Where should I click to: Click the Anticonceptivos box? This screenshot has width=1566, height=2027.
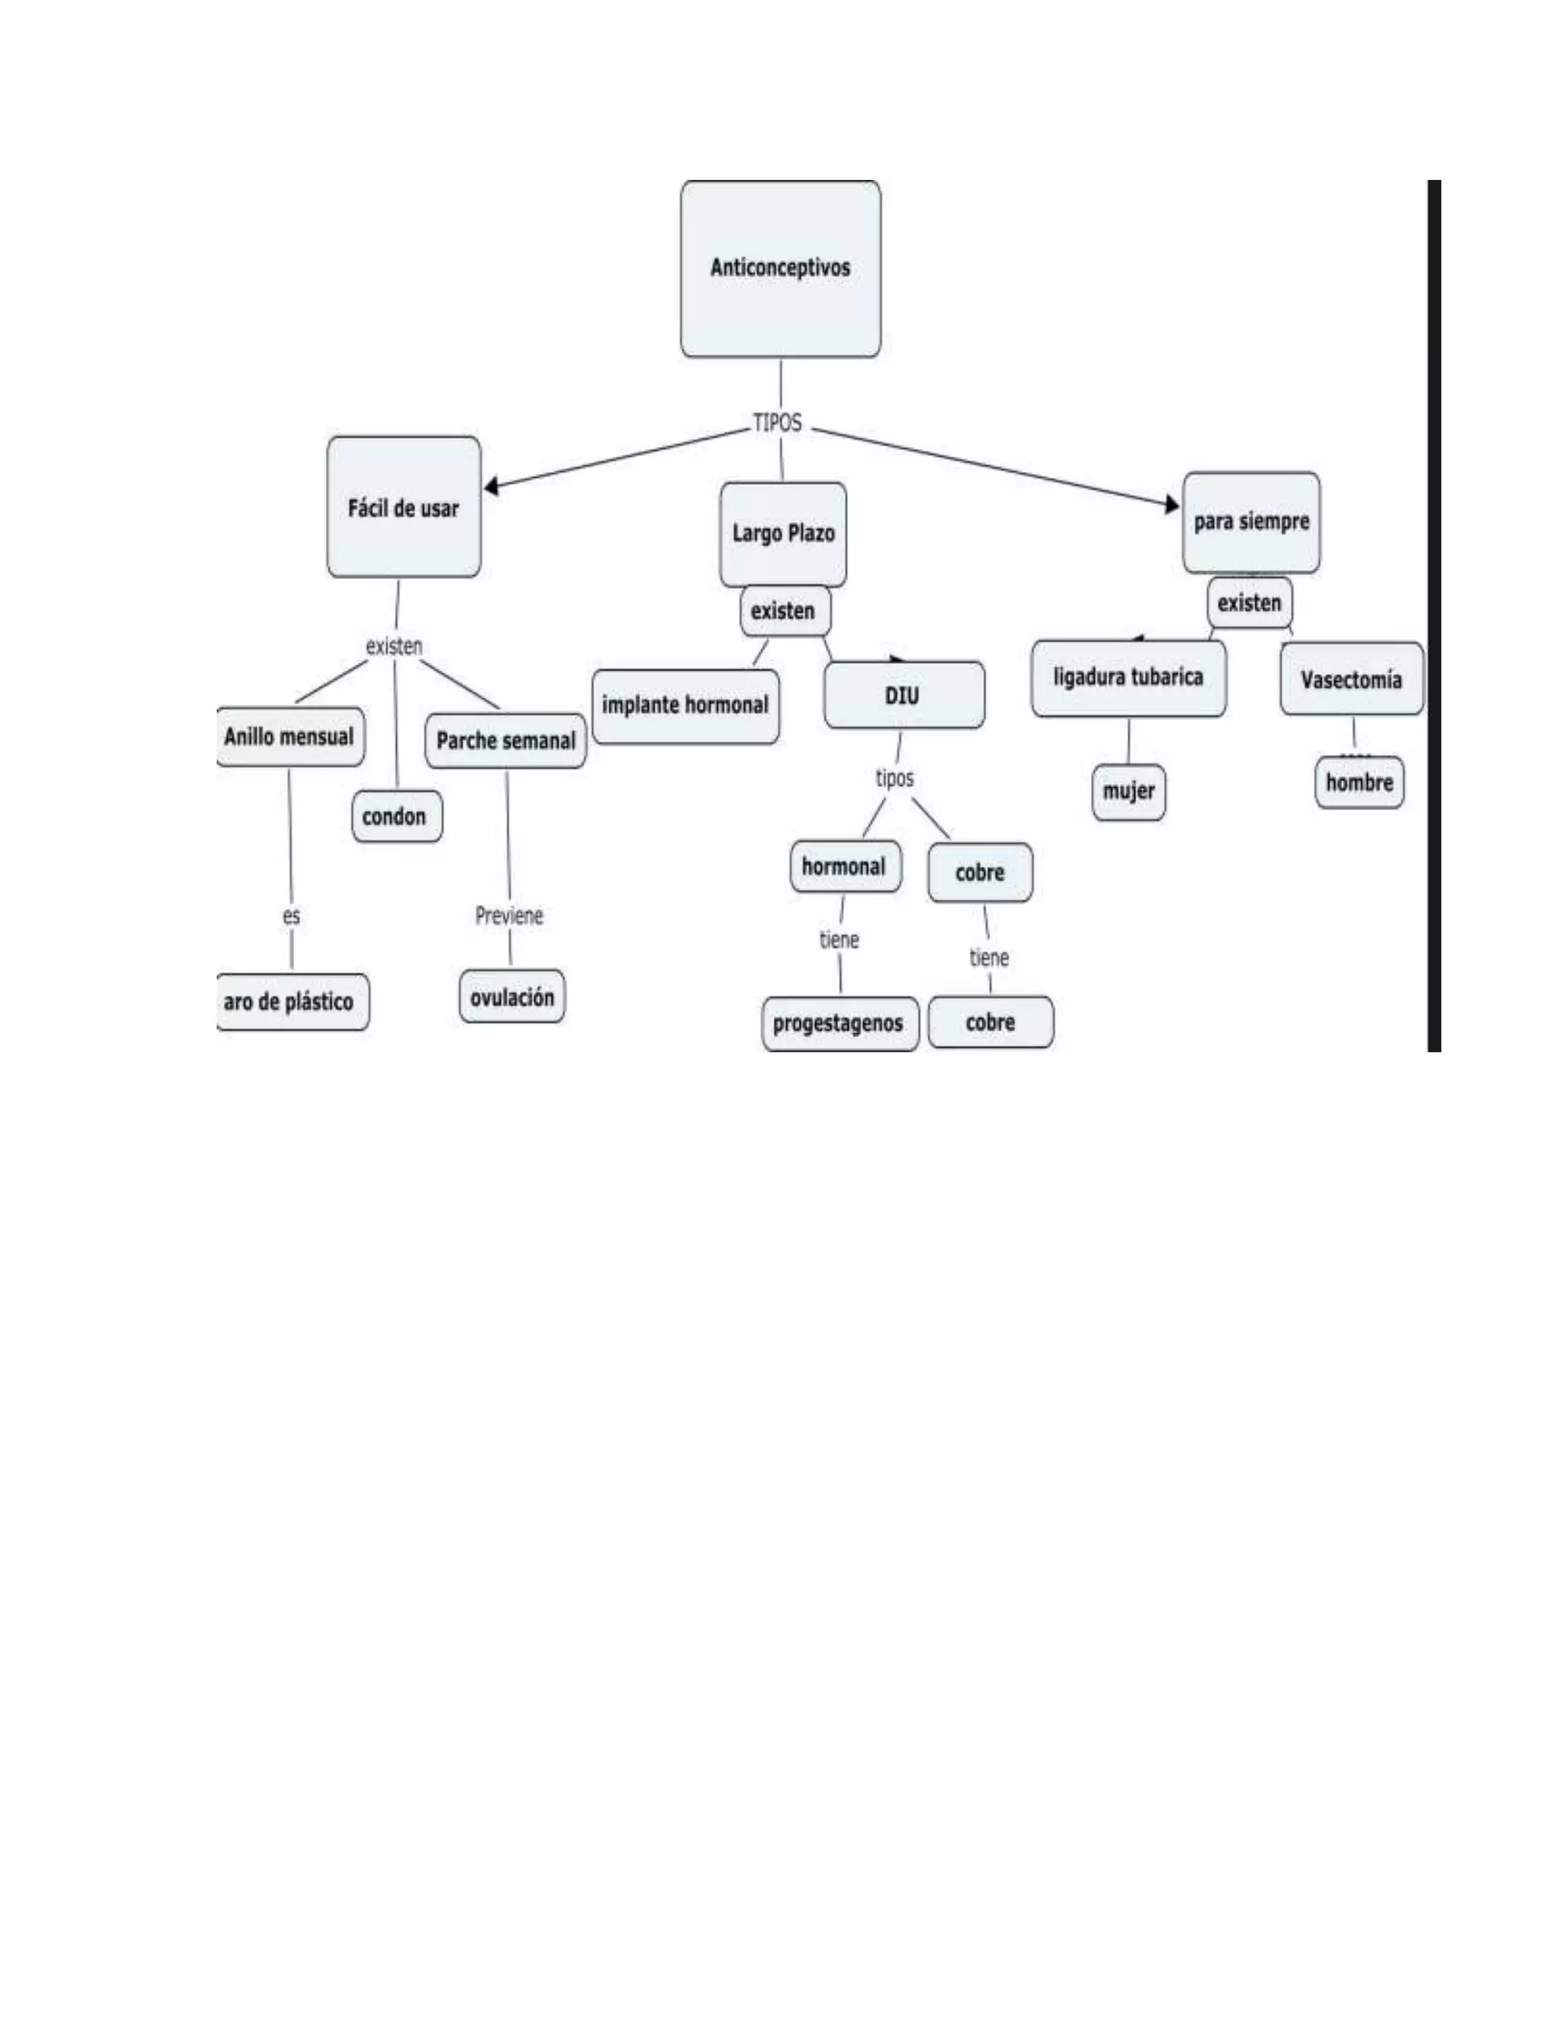tap(780, 268)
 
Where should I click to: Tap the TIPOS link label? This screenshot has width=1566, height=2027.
tap(778, 423)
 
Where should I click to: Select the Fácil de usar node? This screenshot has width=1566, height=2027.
tap(404, 508)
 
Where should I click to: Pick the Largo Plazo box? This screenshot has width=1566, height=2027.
tap(783, 534)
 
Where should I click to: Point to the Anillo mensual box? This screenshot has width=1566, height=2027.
tap(290, 737)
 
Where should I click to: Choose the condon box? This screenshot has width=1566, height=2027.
tap(396, 817)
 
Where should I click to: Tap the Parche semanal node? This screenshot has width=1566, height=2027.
tap(505, 740)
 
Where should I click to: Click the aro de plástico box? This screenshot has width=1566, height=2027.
tap(291, 1001)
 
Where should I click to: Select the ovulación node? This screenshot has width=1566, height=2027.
tap(512, 997)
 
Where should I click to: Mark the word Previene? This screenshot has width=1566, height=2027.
tap(509, 916)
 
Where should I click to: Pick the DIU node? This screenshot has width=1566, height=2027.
tap(904, 695)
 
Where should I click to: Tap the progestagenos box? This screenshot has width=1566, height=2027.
tap(840, 1023)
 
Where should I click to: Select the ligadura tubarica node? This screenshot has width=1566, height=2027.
tap(1128, 678)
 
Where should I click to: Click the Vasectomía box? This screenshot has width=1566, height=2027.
tap(1351, 679)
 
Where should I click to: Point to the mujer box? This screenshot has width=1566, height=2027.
tap(1128, 792)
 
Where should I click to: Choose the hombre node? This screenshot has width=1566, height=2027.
tap(1359, 782)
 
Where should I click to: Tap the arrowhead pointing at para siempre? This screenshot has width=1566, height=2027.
tap(1173, 504)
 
